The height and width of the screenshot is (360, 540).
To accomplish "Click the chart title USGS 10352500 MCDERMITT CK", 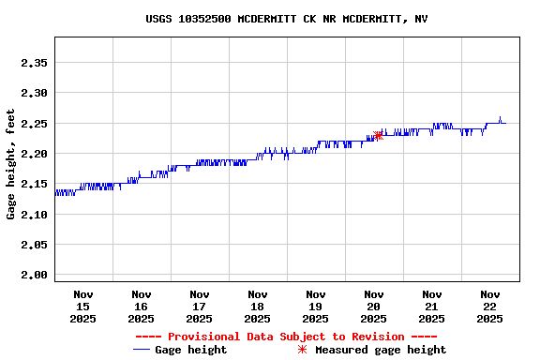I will (287, 19).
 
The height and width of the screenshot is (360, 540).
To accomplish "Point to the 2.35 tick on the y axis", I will (34, 63).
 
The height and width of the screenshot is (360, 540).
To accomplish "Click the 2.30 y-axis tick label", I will (34, 93).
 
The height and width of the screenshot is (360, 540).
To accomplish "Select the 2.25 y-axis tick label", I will (34, 124).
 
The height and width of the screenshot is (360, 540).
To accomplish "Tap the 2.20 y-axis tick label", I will (34, 154).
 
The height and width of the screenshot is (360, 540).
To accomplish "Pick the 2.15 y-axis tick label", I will (34, 184).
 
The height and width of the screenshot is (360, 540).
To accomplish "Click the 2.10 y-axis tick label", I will (34, 215).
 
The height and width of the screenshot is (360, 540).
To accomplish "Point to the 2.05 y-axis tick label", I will (34, 245).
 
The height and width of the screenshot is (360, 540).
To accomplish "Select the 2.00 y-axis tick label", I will (34, 275).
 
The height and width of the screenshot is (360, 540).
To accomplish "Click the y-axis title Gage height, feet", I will (11, 164).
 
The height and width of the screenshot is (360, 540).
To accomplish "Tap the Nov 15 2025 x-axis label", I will (82, 307).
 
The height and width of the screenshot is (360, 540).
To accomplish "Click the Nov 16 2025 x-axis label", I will (141, 307).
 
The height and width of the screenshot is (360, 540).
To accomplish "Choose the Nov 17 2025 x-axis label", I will (199, 307).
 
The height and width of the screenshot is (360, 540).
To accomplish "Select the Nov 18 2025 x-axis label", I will (257, 307).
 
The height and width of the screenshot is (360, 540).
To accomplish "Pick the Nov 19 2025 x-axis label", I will (315, 307).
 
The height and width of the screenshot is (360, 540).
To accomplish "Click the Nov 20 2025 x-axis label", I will (373, 307).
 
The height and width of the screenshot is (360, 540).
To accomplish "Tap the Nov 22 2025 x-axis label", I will (489, 307).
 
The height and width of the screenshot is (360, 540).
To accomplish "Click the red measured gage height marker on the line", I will (378, 136).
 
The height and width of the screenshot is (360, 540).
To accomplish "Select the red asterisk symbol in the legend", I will (302, 350).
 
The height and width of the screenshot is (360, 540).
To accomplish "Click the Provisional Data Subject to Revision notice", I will (286, 337).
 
